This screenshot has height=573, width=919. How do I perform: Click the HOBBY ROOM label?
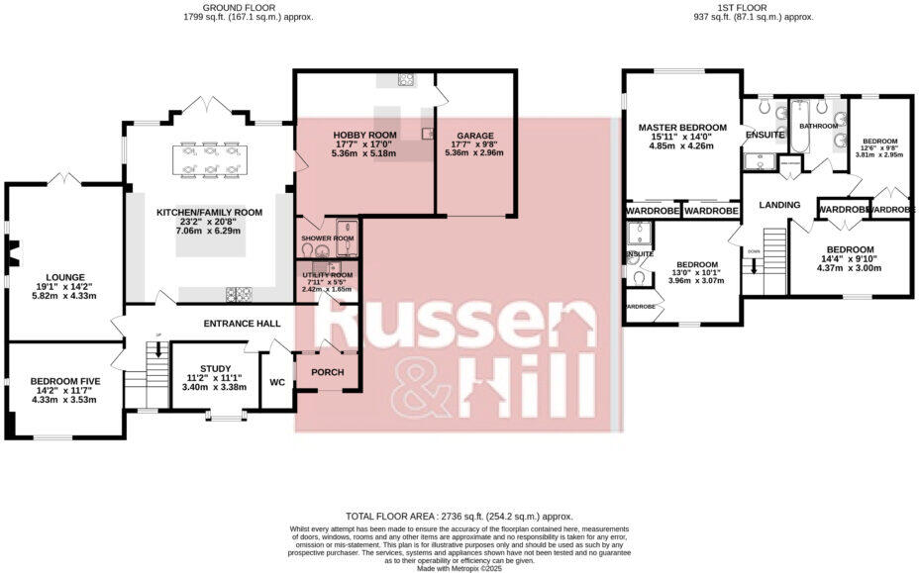pos(364,135)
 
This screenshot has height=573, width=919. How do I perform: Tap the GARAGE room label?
pos(474,135)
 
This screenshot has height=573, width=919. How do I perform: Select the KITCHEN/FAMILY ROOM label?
pos(208,213)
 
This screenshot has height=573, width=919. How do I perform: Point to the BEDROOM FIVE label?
pos(62,380)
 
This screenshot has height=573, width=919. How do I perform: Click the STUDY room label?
pos(214,369)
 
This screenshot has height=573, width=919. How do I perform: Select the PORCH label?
pos(327,372)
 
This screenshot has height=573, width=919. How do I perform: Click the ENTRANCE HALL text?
pos(241,324)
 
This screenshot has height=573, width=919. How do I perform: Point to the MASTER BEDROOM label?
pos(682,128)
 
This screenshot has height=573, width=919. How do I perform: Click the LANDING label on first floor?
pos(779,205)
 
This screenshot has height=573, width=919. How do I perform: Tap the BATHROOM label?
pos(819,127)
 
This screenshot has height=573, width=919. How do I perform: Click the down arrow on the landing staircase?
pos(754,262)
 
